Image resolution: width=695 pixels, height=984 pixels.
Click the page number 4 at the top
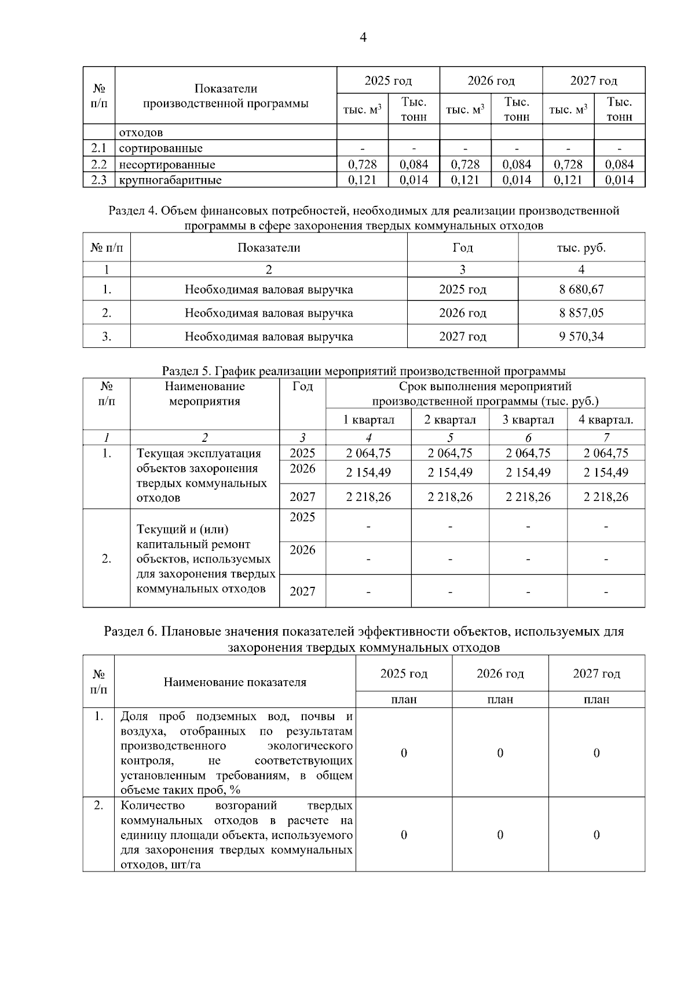coord(363,38)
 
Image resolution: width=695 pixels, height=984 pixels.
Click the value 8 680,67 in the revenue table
coord(581,289)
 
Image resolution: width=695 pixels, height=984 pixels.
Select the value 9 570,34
coord(581,336)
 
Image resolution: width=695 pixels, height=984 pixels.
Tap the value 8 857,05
coord(581,313)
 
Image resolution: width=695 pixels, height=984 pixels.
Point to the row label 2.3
coord(99,180)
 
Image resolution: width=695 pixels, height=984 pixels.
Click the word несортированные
coord(167,165)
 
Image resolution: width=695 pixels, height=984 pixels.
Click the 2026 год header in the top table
coord(491,81)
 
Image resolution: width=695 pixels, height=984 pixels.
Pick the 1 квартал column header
coord(368,420)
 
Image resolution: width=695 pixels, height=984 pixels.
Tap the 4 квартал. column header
coord(605,420)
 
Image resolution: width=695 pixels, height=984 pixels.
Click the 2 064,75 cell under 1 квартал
coord(368,453)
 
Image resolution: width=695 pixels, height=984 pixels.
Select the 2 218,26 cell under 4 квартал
coord(606,497)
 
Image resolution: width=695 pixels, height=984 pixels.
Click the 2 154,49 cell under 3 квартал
coord(528,473)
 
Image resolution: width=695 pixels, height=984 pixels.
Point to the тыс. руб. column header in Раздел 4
coord(581,248)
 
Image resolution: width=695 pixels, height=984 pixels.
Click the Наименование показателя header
coord(235,682)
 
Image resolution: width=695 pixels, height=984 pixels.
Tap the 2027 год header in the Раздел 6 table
coord(596,674)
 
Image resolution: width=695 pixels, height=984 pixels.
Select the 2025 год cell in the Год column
coord(462,289)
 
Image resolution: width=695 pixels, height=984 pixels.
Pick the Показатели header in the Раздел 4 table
coord(269,248)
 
